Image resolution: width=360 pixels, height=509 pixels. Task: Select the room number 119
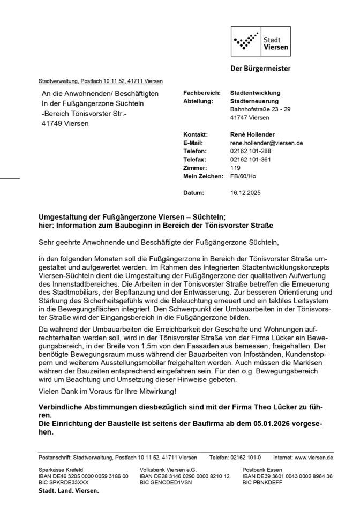pyautogui.click(x=234, y=168)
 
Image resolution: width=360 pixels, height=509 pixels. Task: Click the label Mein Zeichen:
pyautogui.click(x=202, y=176)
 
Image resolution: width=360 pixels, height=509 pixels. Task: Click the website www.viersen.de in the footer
pyautogui.click(x=314, y=458)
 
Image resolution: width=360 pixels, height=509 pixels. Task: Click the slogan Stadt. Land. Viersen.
pyautogui.click(x=69, y=490)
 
